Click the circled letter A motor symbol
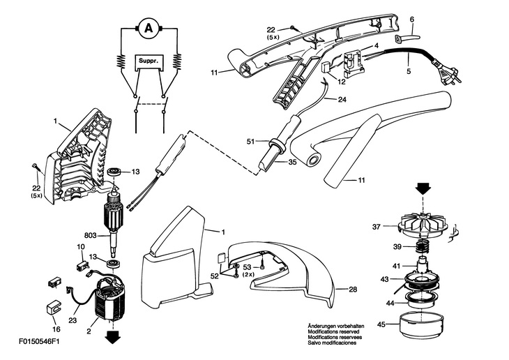(149, 29)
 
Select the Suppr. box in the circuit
(149, 62)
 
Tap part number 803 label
(90, 234)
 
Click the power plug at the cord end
(448, 77)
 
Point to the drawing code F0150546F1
(39, 341)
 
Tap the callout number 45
(382, 324)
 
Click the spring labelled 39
(422, 248)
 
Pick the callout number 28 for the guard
(353, 289)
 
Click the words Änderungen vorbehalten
(335, 326)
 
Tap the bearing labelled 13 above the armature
(114, 172)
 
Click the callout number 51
(251, 141)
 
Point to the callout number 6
(412, 20)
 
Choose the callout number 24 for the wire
(342, 100)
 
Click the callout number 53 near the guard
(248, 267)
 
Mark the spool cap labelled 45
(420, 325)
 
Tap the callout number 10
(81, 248)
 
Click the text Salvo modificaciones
(332, 343)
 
